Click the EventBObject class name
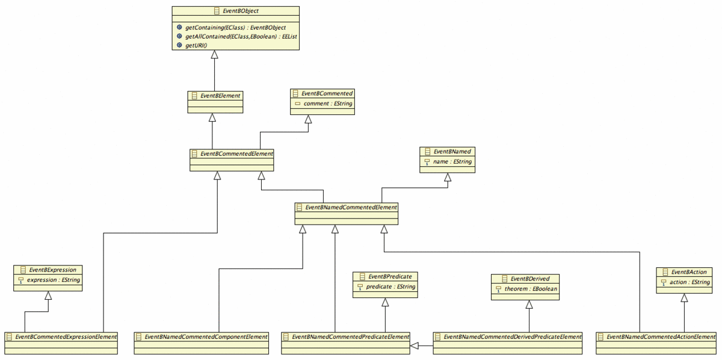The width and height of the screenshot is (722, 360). click(241, 11)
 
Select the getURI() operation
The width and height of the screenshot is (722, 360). click(196, 46)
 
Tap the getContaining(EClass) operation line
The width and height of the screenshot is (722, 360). click(235, 28)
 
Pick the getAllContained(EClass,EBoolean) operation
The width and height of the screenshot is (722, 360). click(241, 37)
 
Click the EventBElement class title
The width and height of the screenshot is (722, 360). click(220, 96)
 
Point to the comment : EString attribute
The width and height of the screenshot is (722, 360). click(328, 104)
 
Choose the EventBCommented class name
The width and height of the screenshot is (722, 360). click(327, 93)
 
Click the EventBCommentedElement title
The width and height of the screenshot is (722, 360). click(236, 154)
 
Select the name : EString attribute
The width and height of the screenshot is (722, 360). click(452, 161)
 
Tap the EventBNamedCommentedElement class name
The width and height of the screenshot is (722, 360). click(351, 208)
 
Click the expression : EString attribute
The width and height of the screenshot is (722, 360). click(53, 280)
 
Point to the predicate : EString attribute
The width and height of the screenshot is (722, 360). click(390, 287)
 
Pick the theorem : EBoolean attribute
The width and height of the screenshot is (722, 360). click(531, 289)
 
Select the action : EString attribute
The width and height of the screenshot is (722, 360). click(690, 282)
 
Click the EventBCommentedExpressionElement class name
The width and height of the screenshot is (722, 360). click(66, 337)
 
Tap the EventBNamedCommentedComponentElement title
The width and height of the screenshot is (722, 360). click(206, 337)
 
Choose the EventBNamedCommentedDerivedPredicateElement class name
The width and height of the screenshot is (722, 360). click(513, 337)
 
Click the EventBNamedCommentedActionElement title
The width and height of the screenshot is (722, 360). click(661, 337)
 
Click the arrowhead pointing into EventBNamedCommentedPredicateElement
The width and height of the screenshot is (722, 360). click(414, 346)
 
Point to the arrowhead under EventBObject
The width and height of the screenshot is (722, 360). click(215, 55)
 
